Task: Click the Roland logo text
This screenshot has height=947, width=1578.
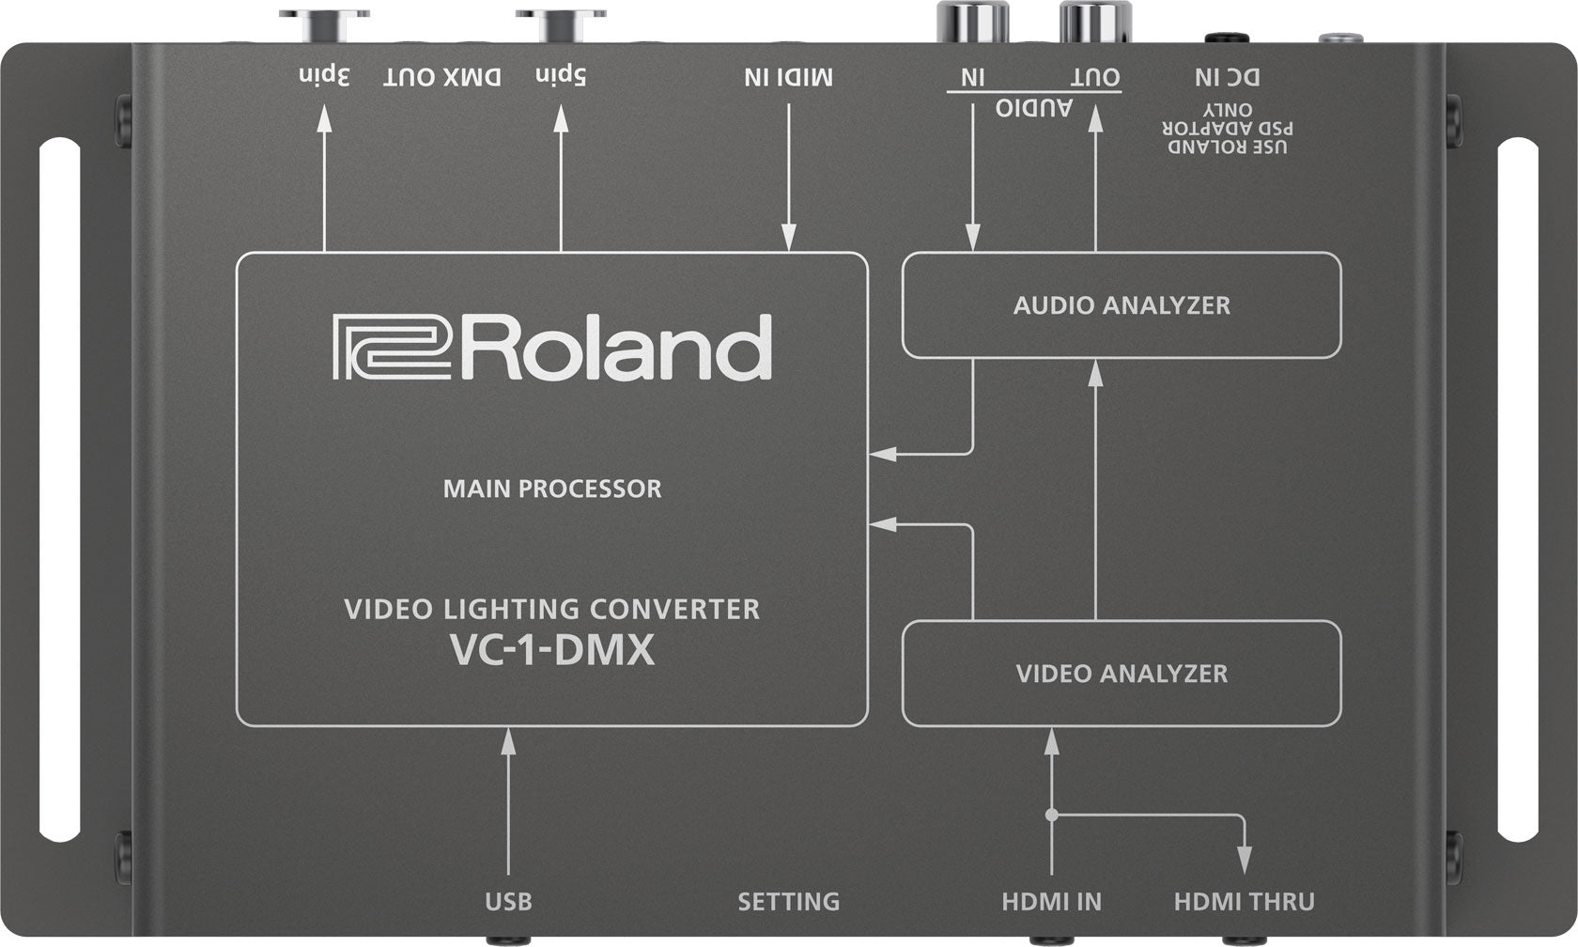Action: [552, 349]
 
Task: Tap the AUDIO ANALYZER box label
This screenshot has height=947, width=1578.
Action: [1122, 305]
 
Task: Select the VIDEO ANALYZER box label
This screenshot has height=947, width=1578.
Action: [1122, 674]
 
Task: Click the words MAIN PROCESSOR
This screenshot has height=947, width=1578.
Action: [552, 489]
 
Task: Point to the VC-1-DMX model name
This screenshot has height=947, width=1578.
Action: [552, 651]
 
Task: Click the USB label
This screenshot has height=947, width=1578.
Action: [508, 902]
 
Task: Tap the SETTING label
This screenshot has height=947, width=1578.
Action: [788, 902]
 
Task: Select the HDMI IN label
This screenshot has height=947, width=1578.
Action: [1051, 902]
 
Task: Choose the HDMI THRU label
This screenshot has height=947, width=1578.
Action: [1244, 902]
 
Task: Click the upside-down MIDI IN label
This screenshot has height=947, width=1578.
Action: [788, 77]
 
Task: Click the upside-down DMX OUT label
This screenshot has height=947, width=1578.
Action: [442, 77]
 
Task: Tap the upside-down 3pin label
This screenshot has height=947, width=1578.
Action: [324, 77]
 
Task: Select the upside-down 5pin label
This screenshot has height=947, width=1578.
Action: [561, 77]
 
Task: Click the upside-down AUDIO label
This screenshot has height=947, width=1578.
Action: [1034, 108]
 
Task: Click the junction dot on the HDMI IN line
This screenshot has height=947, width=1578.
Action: [1051, 815]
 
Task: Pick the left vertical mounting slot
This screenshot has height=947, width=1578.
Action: [59, 489]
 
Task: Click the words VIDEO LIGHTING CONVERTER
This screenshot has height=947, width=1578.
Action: [552, 610]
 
